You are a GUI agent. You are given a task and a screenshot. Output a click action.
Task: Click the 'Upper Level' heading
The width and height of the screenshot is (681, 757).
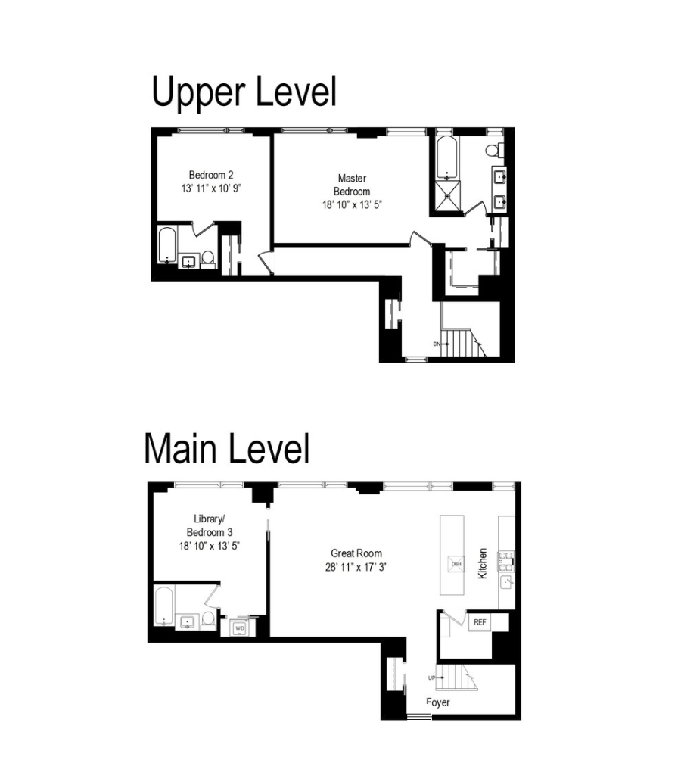(x=244, y=92)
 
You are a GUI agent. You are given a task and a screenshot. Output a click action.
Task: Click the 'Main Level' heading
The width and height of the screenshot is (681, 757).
(x=227, y=448)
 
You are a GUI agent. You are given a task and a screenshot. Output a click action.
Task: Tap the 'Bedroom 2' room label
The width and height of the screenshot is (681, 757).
(x=211, y=175)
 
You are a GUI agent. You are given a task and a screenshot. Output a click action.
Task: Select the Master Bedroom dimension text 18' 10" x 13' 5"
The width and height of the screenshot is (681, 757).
(x=352, y=204)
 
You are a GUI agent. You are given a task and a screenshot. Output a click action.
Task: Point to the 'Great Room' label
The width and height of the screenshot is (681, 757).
(x=356, y=553)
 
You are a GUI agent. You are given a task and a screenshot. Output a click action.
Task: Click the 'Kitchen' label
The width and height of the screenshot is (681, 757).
(x=482, y=563)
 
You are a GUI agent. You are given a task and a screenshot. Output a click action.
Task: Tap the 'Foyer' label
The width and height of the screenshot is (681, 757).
(x=438, y=702)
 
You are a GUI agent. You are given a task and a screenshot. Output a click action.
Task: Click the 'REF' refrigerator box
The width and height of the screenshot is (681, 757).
(x=480, y=622)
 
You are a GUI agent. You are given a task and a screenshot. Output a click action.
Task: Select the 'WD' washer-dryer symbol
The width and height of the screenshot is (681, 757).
(x=240, y=628)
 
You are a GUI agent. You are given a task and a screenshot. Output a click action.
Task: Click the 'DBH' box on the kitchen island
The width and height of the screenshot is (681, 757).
(x=456, y=564)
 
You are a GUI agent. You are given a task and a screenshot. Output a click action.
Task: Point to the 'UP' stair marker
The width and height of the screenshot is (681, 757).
(x=431, y=678)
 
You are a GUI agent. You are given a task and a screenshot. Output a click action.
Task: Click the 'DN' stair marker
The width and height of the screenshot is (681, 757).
(x=437, y=344)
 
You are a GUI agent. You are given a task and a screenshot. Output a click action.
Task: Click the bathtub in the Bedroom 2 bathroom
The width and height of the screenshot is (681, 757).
(x=167, y=245)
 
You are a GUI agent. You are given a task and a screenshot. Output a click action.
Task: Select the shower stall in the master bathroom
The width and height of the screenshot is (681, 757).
(x=448, y=196)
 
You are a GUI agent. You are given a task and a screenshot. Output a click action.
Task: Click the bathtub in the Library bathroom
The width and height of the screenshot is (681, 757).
(x=163, y=606)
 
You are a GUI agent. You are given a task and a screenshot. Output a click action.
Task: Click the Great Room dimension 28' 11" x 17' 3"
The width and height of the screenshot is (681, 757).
(x=356, y=567)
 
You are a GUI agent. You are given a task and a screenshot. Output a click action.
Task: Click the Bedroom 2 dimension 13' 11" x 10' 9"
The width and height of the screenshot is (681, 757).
(x=211, y=188)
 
